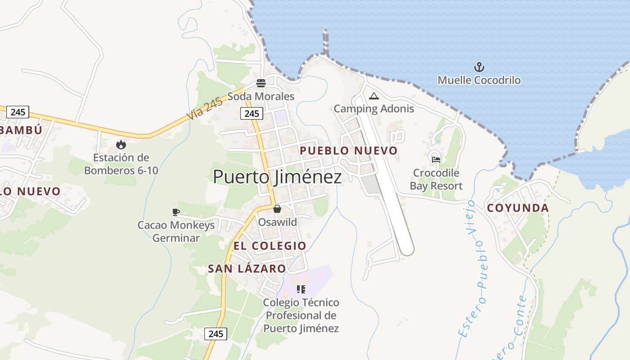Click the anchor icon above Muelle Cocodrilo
coord(479,67)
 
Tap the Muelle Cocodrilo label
coord(479,81)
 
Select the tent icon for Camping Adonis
coord(373,96)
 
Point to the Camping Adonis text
coord(373,109)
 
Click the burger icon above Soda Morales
coord(261,83)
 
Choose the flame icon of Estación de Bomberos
coord(121,144)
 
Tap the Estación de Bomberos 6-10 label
coord(121,164)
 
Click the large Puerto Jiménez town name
coord(277,177)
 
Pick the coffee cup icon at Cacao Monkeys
coord(176,212)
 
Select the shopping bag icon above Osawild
coord(277,209)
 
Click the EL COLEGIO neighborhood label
coord(270,246)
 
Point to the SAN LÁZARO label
coord(247,269)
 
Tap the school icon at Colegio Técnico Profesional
coord(301,289)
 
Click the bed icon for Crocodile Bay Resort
coord(436,159)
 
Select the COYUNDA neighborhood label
coord(518,208)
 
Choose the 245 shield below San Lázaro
coord(216,334)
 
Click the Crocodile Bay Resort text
coord(436,180)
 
